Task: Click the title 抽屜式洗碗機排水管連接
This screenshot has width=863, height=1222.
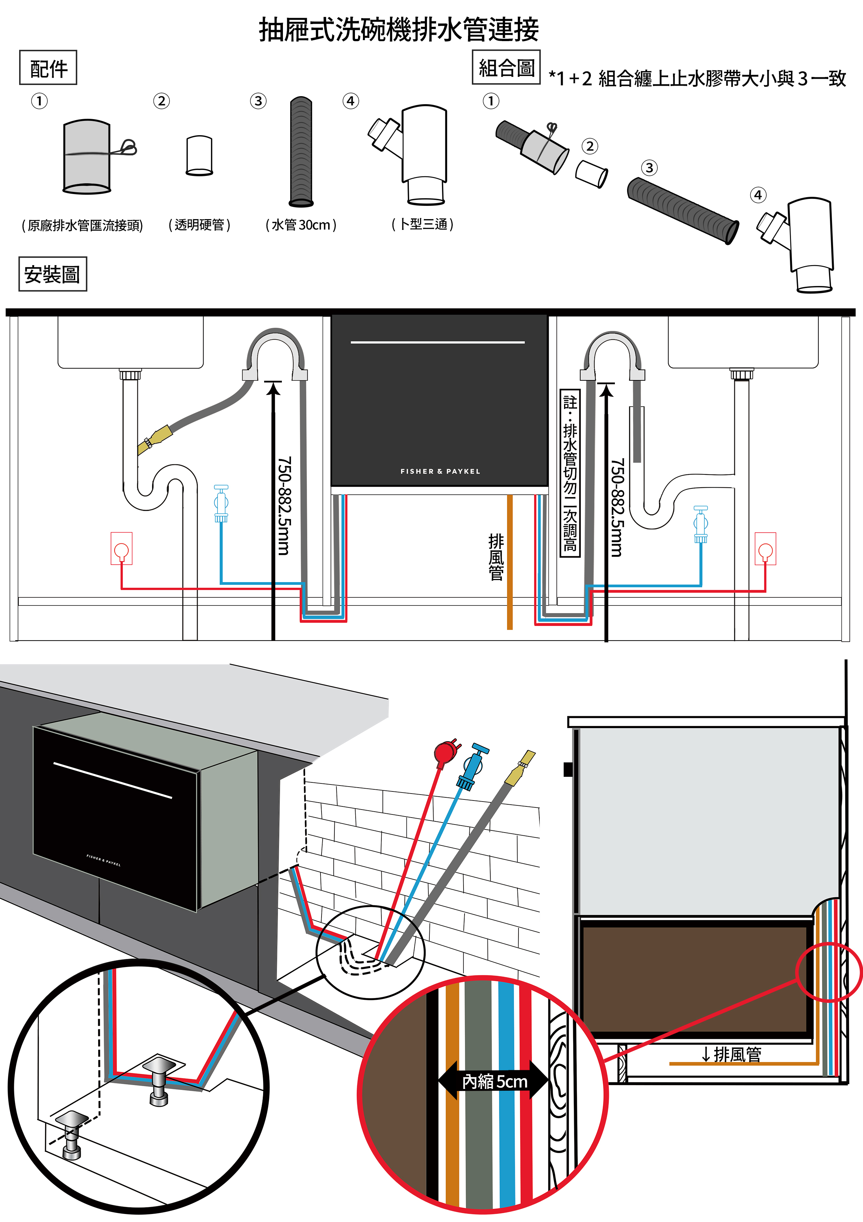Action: coord(399,30)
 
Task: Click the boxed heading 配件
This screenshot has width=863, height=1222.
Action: coord(48,68)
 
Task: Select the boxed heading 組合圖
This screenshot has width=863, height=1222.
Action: coord(506,68)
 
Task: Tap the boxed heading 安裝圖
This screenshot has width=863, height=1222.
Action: coord(52,274)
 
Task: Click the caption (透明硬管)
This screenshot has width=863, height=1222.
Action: coord(199,225)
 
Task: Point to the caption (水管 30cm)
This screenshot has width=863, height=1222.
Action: coord(301,225)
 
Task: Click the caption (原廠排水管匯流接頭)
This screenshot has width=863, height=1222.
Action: coord(82,226)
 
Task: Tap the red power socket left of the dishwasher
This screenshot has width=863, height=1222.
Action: coord(121,548)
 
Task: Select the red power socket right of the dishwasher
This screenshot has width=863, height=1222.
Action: coord(765,548)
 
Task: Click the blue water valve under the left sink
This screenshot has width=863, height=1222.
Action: coord(221,503)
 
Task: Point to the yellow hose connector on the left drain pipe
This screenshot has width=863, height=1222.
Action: coord(154,439)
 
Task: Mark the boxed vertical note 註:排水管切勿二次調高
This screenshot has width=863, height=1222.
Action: coord(570,473)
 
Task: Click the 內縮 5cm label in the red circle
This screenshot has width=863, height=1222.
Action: coord(494,1082)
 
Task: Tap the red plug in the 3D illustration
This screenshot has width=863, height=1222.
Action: coord(445,752)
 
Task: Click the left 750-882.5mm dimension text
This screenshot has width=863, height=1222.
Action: coord(284,505)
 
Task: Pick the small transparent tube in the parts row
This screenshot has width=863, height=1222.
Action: coord(199,155)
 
